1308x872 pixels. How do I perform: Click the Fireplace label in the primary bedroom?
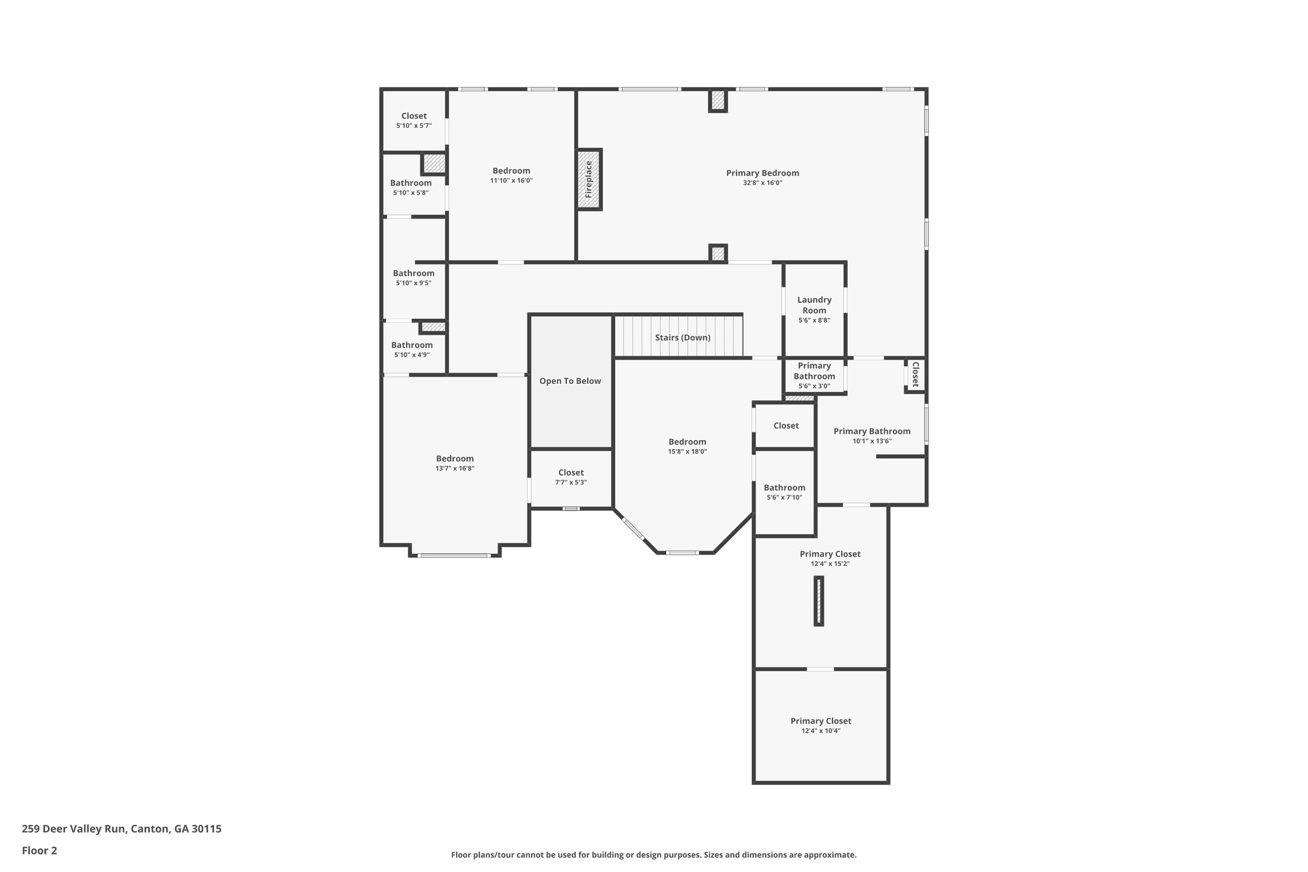pyautogui.click(x=589, y=180)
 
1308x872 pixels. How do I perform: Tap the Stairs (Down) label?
pyautogui.click(x=682, y=337)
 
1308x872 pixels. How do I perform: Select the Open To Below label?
pyautogui.click(x=570, y=381)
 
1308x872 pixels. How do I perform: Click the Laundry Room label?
pyautogui.click(x=814, y=305)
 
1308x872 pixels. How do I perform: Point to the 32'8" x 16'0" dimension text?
pyautogui.click(x=762, y=183)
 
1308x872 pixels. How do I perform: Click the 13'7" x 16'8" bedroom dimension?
pyautogui.click(x=455, y=468)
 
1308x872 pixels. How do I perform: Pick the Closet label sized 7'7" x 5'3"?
pyautogui.click(x=570, y=473)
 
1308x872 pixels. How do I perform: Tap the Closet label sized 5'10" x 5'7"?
pyautogui.click(x=414, y=116)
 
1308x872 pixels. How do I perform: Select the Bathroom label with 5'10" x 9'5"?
pyautogui.click(x=413, y=273)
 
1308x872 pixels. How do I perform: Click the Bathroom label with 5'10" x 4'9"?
pyautogui.click(x=412, y=345)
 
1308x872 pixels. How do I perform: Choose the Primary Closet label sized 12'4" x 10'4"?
pyautogui.click(x=821, y=721)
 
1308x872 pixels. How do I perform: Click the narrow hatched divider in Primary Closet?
pyautogui.click(x=819, y=600)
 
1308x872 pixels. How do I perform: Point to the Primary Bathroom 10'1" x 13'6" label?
pyautogui.click(x=872, y=431)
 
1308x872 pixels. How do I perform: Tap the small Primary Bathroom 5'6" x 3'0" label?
pyautogui.click(x=814, y=371)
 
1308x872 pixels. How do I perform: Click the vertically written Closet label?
pyautogui.click(x=915, y=374)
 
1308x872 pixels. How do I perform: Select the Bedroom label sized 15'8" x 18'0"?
pyautogui.click(x=687, y=441)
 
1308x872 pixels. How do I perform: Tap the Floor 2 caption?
pyautogui.click(x=40, y=850)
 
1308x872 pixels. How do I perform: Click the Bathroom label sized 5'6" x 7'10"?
pyautogui.click(x=784, y=487)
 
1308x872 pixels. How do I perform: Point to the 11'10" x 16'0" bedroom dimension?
pyautogui.click(x=511, y=181)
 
